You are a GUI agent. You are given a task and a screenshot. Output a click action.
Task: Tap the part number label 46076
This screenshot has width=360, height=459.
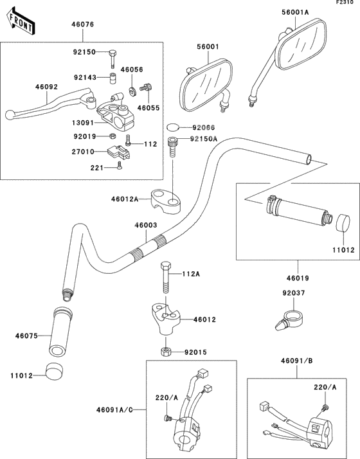click(x=83, y=24)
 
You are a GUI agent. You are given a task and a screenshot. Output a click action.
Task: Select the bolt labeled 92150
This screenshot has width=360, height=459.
click(x=113, y=59)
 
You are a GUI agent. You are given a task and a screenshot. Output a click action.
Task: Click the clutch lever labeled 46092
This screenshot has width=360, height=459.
click(x=51, y=104)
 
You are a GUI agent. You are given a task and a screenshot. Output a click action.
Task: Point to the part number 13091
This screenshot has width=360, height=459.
click(x=82, y=123)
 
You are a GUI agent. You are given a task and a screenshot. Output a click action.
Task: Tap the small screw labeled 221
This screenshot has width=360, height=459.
click(x=120, y=165)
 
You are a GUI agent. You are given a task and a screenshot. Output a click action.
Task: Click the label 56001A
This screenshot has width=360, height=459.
click(x=295, y=12)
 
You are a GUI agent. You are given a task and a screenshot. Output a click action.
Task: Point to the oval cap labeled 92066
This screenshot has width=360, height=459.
click(x=173, y=127)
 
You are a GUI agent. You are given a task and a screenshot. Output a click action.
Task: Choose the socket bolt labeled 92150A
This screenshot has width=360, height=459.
click(x=172, y=148)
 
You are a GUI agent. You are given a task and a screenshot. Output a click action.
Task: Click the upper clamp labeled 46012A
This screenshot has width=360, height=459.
click(x=166, y=201)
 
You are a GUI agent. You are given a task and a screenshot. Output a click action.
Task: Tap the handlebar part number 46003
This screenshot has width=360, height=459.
click(x=146, y=225)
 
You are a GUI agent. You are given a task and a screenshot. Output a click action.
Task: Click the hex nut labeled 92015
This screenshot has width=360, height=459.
click(x=165, y=351)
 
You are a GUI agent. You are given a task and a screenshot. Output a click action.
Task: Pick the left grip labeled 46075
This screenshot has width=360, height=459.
click(x=60, y=332)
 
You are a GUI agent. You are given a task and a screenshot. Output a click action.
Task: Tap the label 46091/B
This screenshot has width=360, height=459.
click(x=297, y=361)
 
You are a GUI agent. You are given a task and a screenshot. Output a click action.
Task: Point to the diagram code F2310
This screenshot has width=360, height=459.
click(x=345, y=3)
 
